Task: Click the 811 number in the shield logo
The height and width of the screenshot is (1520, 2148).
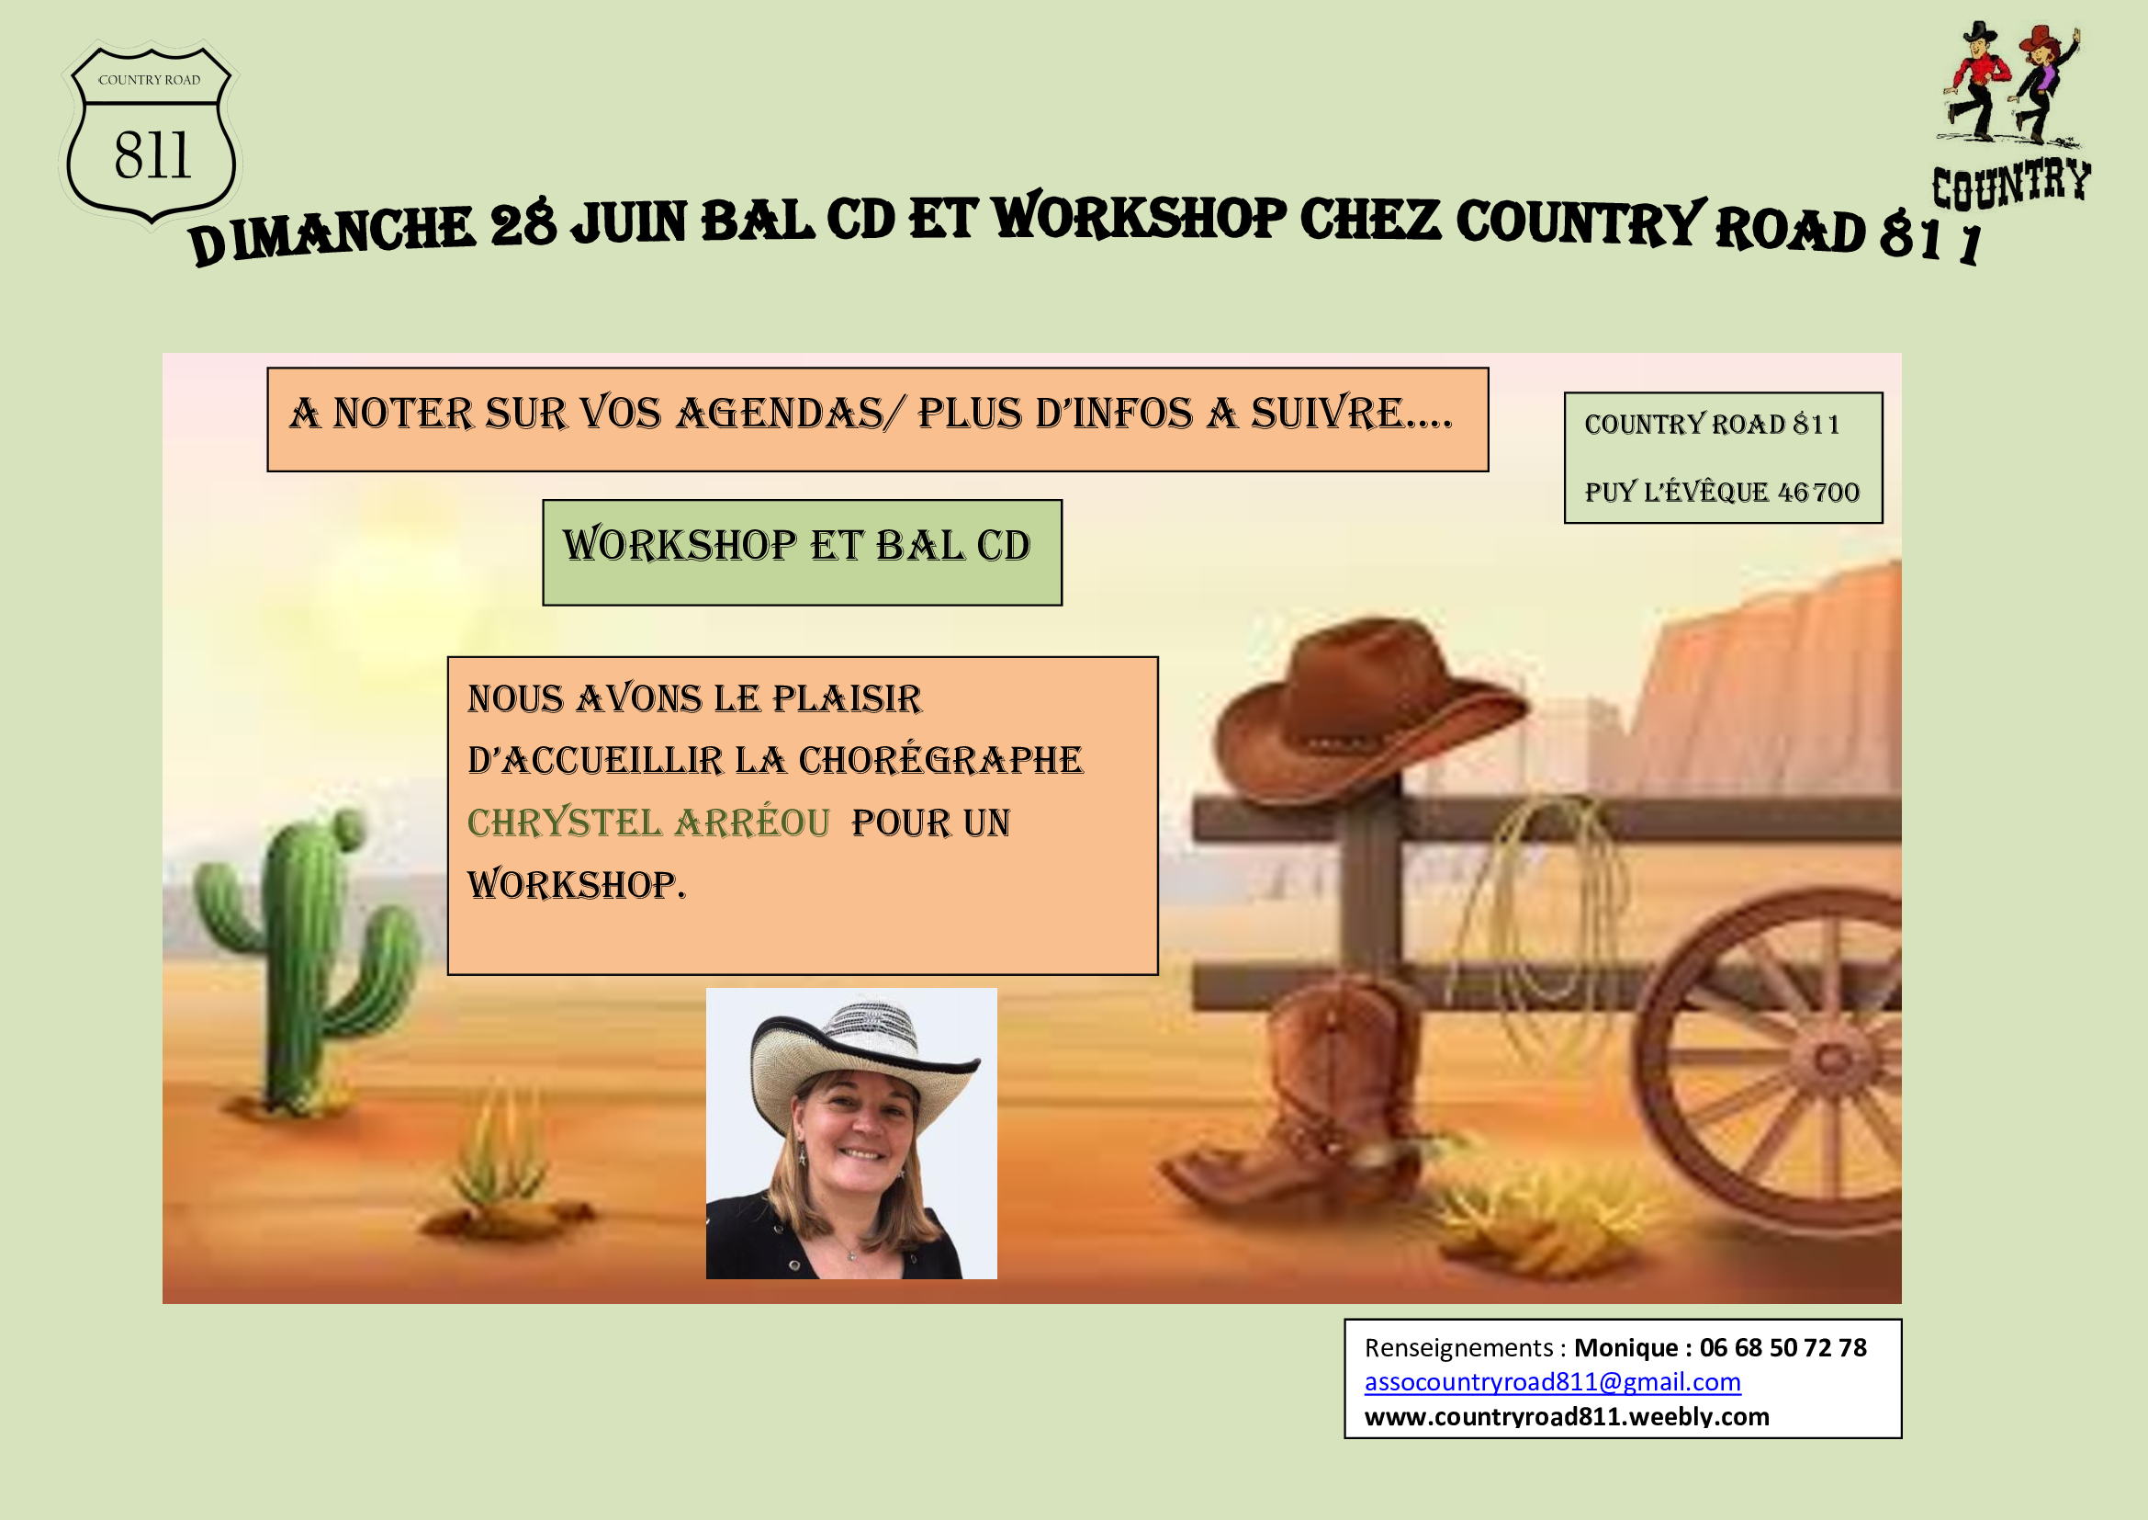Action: tap(153, 154)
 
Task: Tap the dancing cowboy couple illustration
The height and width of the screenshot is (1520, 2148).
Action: tap(2010, 84)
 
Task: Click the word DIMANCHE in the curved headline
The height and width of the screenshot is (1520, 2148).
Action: tap(333, 233)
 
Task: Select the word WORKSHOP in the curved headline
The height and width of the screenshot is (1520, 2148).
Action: tap(1140, 217)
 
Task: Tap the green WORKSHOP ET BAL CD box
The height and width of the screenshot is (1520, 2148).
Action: tap(802, 552)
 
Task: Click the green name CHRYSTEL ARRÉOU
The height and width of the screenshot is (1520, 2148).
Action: tap(648, 822)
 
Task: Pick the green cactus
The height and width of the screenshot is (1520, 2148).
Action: tap(305, 959)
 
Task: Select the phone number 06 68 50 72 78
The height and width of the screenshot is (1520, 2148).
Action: tap(1783, 1348)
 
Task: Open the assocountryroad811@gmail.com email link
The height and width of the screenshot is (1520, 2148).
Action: tap(1552, 1382)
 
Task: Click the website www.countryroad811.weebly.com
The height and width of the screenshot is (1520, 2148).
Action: tap(1567, 1417)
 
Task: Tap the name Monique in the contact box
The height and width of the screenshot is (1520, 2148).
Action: tap(1626, 1348)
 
